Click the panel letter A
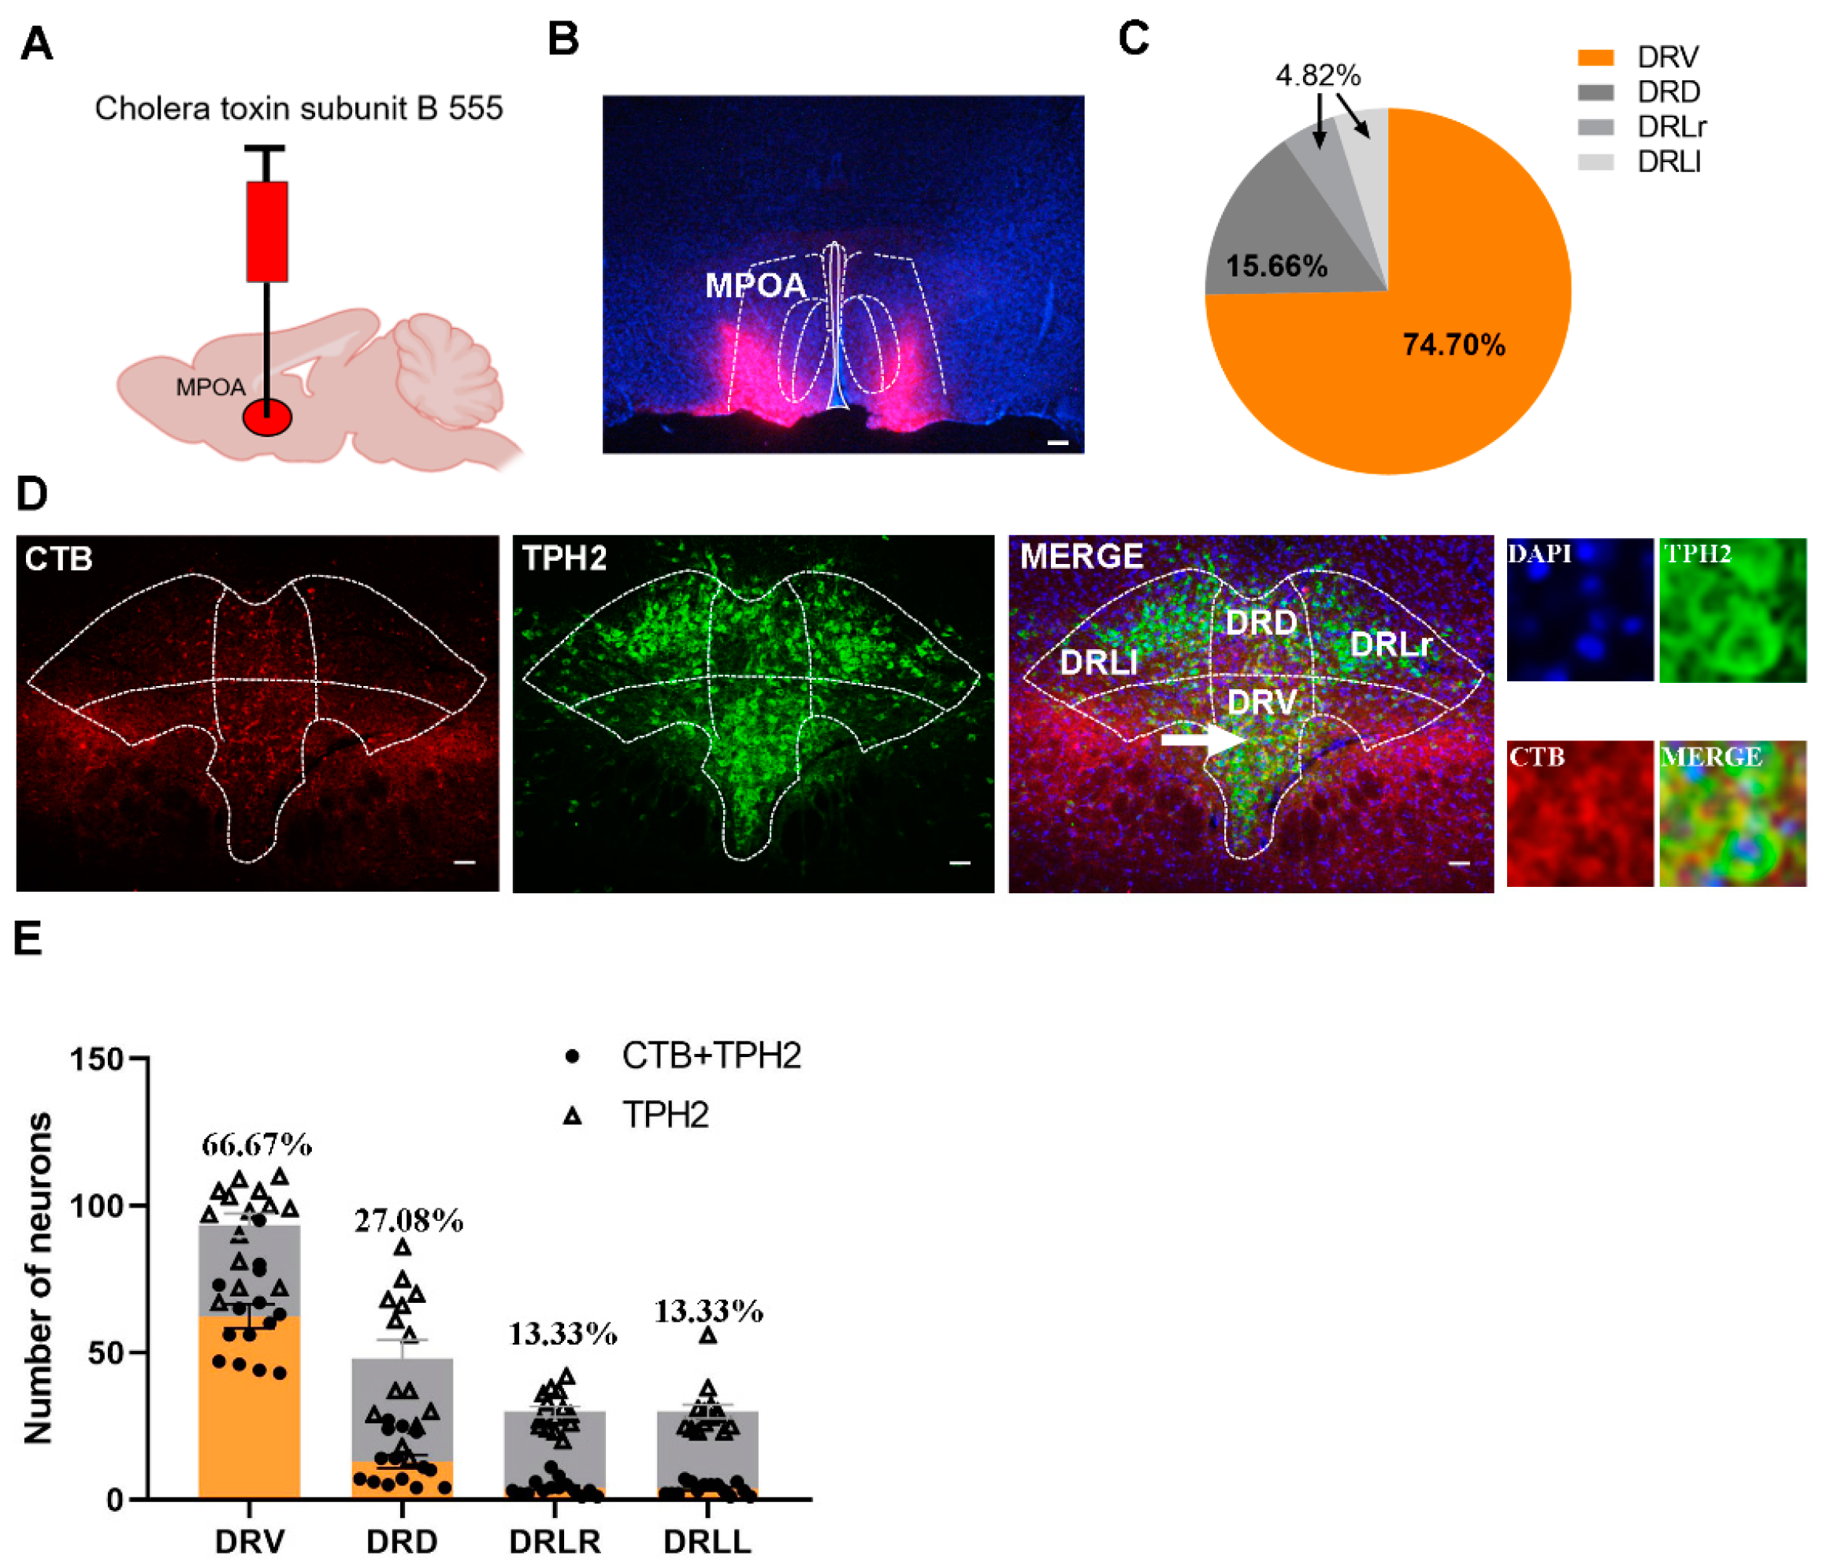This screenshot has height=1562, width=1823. (x=36, y=44)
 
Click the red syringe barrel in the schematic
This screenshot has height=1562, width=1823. (x=266, y=232)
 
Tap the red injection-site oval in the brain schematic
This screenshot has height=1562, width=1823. (x=266, y=417)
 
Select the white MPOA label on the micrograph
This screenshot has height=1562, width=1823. (x=755, y=285)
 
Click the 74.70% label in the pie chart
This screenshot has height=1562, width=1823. (x=1453, y=344)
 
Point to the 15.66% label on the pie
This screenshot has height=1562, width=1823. (x=1275, y=265)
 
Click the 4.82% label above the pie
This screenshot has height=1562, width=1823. (x=1317, y=76)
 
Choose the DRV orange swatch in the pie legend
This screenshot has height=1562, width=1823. (x=1595, y=58)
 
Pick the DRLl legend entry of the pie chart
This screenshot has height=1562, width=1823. (x=1667, y=161)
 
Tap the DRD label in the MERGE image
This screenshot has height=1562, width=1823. (x=1261, y=623)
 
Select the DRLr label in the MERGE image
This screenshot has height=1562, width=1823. (x=1390, y=644)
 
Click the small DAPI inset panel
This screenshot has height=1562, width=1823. (x=1580, y=610)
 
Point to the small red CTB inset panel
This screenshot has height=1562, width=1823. (x=1580, y=813)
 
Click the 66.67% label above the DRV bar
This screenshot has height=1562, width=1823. (x=256, y=1145)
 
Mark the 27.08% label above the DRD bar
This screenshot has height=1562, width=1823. (x=408, y=1221)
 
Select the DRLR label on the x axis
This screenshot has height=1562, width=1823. (x=555, y=1541)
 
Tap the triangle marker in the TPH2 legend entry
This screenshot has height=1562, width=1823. (x=573, y=1115)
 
